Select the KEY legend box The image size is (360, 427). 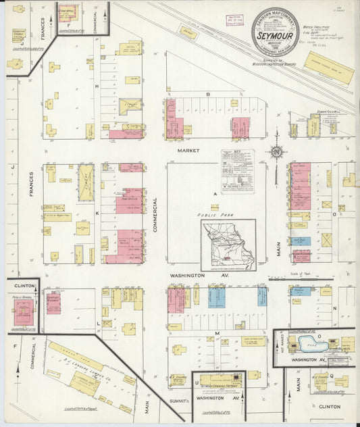coord(237,172)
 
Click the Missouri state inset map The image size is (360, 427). coord(228,245)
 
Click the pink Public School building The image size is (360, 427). coord(25,313)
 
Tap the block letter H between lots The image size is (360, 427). coord(97,86)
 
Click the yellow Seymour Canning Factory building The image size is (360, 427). coord(217,381)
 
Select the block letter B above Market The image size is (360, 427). coord(209,94)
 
